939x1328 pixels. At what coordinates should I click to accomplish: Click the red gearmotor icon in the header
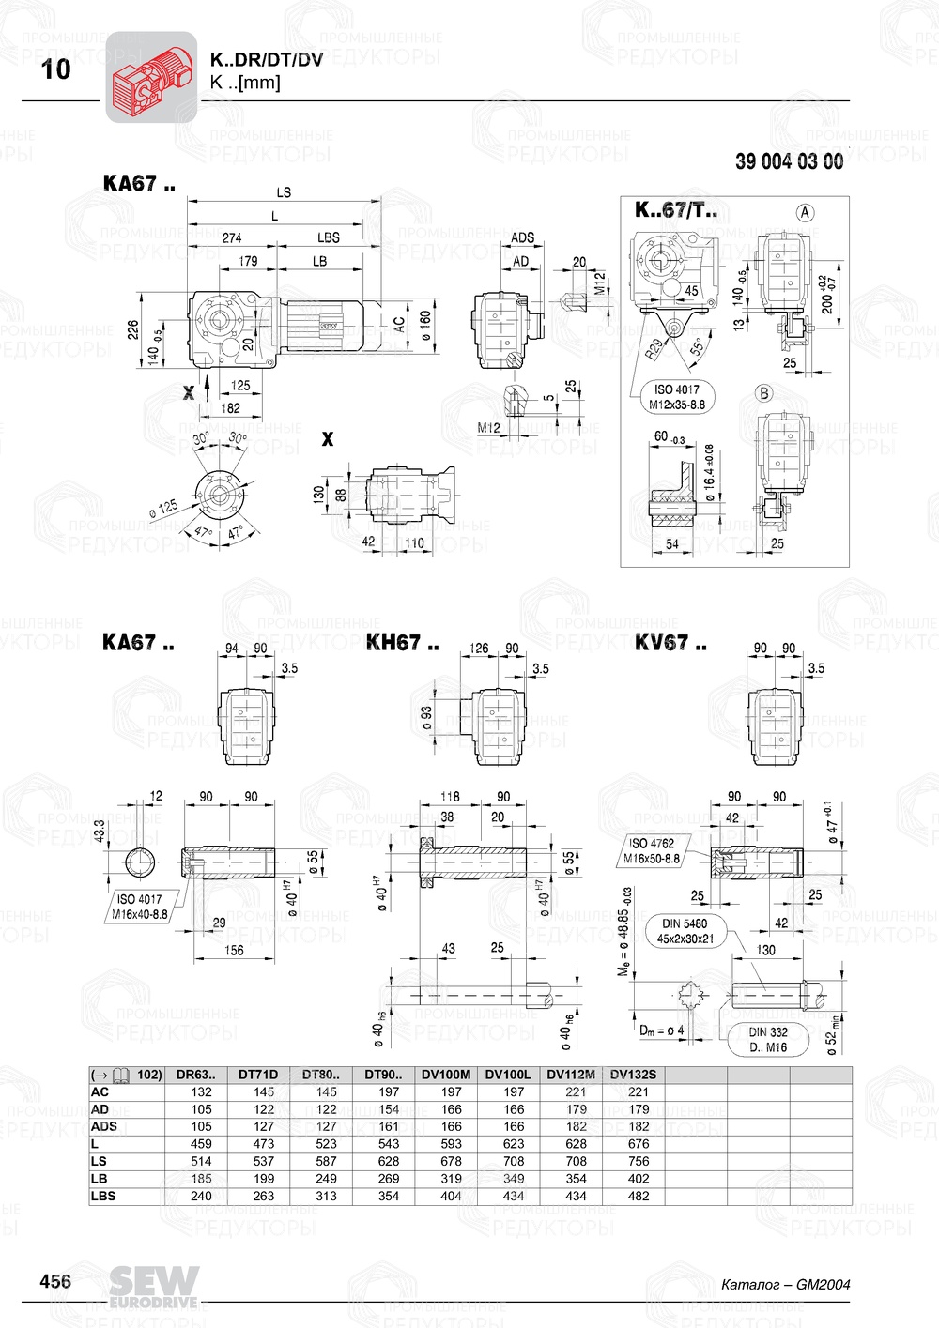151,77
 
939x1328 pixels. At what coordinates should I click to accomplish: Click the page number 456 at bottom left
55,1281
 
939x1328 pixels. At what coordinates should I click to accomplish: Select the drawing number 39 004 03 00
789,161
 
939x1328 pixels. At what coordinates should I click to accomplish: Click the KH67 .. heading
402,644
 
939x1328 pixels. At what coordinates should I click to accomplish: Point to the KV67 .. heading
670,644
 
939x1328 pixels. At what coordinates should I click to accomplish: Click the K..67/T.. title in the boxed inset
676,210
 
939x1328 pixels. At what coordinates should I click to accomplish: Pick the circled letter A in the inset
805,213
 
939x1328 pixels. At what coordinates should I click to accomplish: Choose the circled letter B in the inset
764,393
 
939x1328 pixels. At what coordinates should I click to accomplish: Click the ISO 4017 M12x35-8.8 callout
676,397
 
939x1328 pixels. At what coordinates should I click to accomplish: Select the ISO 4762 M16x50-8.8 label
652,850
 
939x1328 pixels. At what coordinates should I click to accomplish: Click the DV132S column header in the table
633,1075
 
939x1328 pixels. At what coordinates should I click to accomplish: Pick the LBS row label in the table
103,1196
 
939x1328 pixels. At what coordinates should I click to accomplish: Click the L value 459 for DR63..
201,1144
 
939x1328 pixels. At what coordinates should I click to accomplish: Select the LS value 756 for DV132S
639,1161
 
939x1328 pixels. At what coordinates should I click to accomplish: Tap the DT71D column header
258,1075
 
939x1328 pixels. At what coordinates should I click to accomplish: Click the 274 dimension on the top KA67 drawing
232,237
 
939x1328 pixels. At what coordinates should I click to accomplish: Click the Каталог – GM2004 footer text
785,1284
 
